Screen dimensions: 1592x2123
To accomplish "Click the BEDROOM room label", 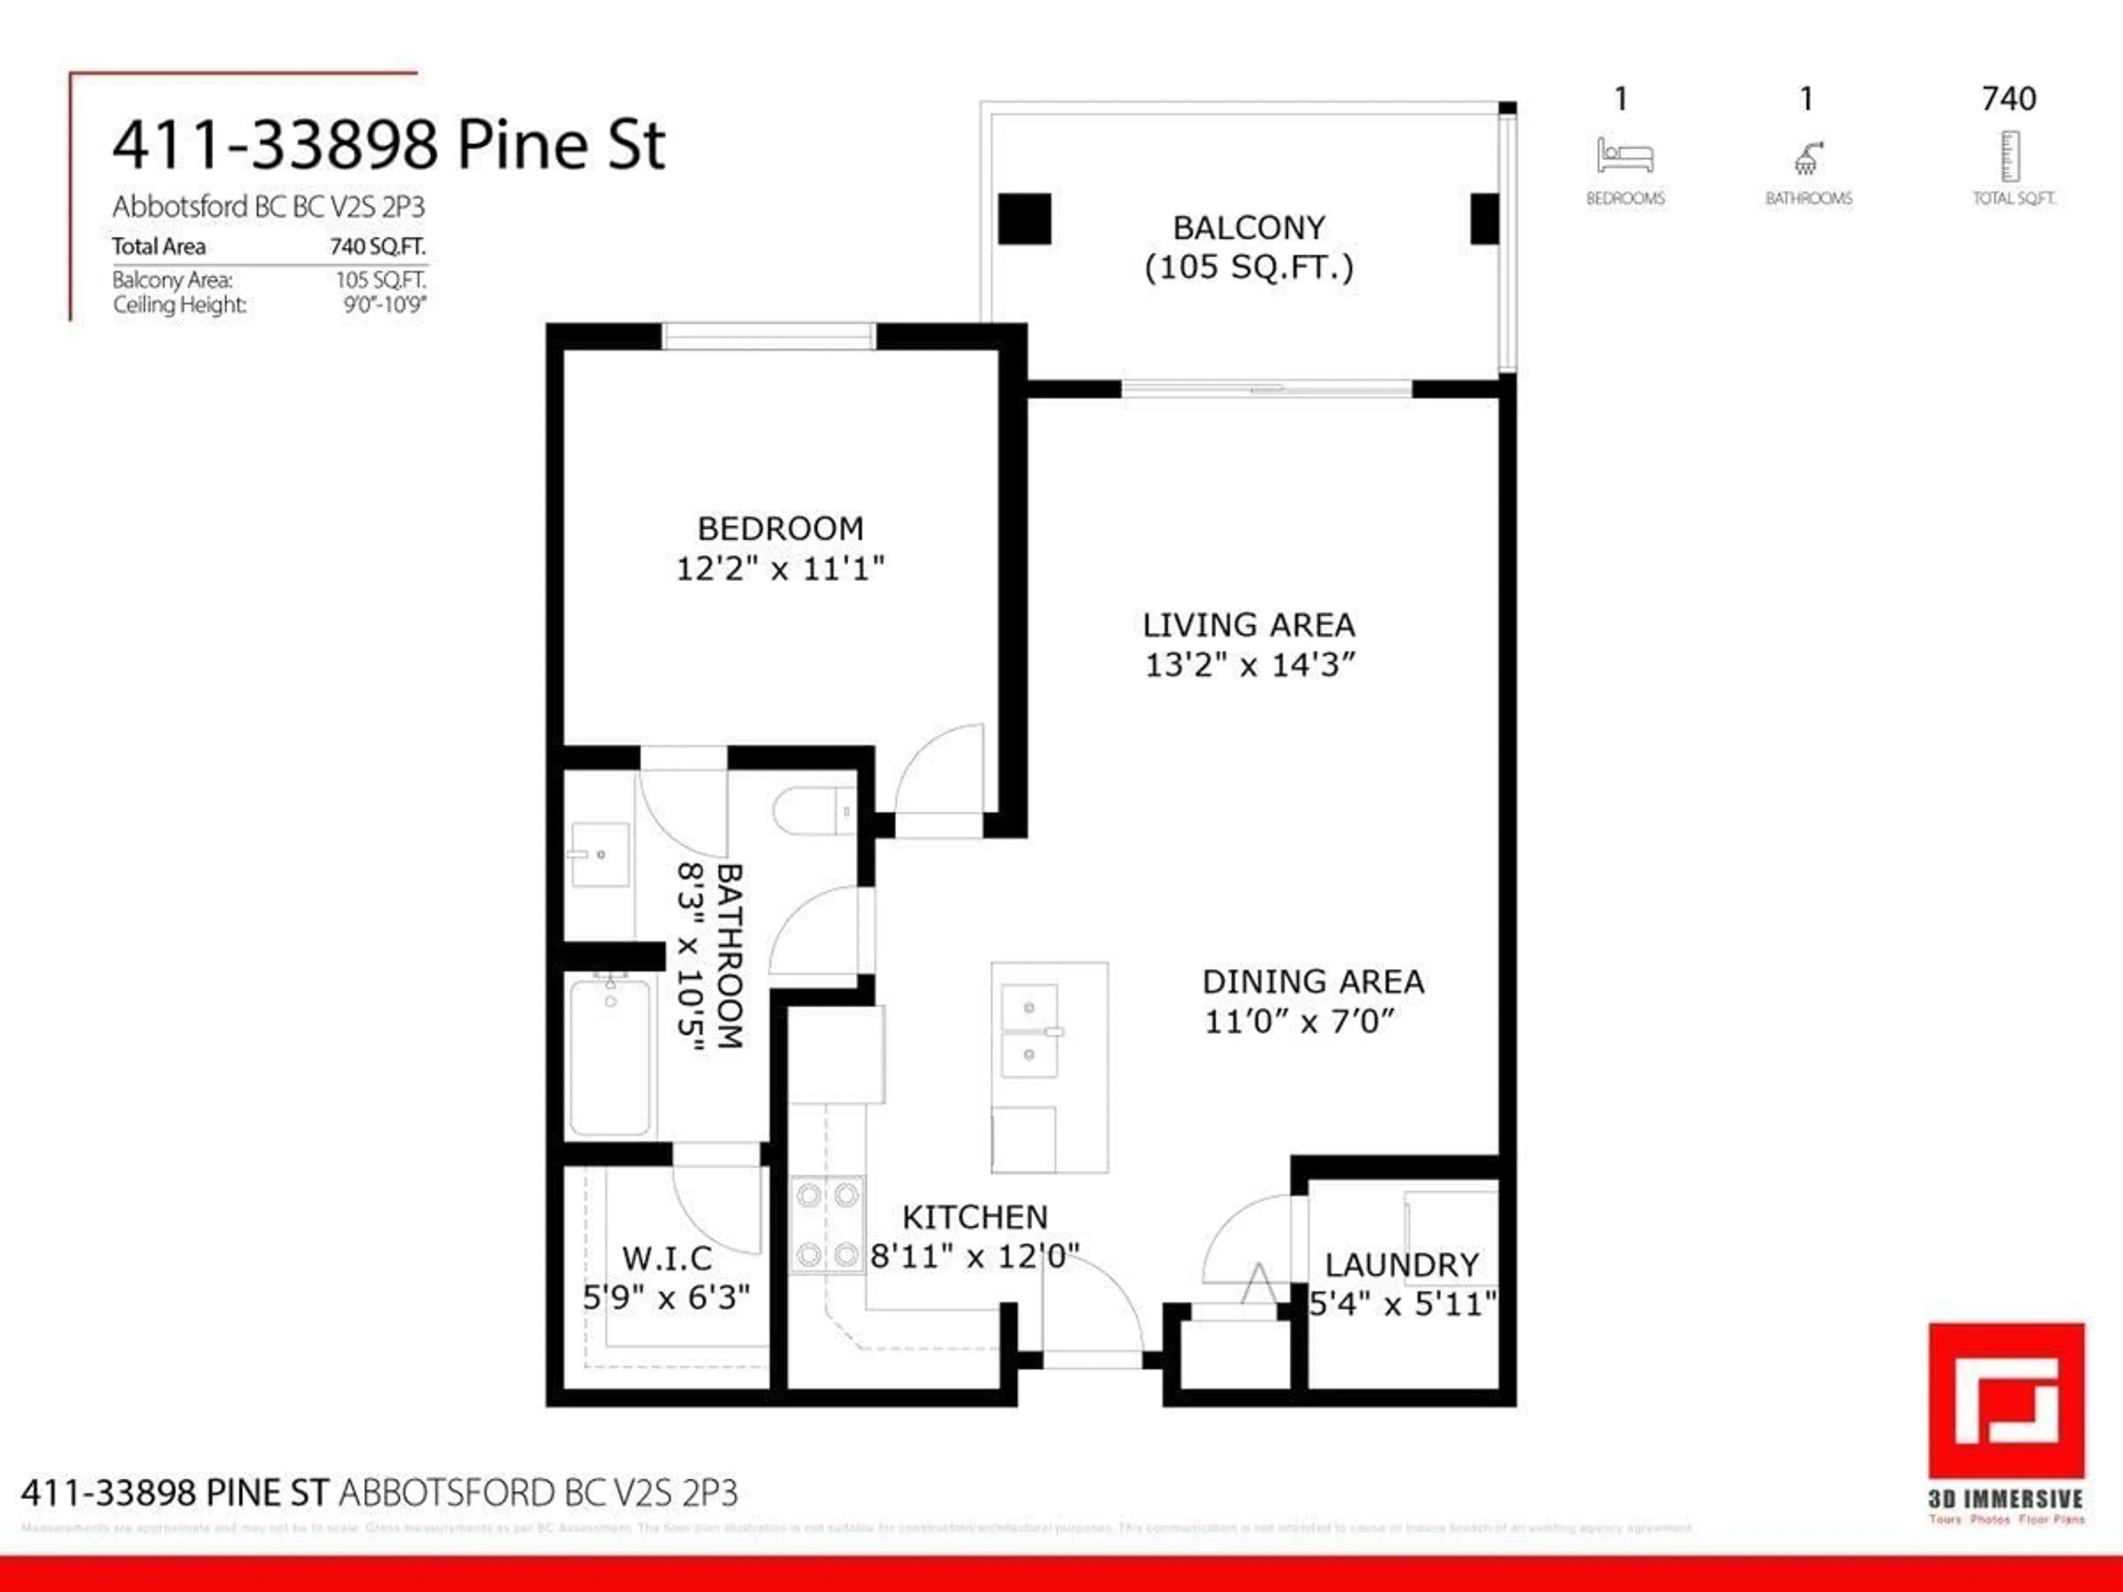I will (x=780, y=529).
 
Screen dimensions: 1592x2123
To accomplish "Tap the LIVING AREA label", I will (x=1248, y=626).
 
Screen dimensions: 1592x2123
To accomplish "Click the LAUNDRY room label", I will (x=1402, y=1265).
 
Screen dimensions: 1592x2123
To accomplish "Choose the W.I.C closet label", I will (x=667, y=1258).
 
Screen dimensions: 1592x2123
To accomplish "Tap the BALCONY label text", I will (x=1249, y=228).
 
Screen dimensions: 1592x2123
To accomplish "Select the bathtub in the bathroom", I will (x=609, y=1056).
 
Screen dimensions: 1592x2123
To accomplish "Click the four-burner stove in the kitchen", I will (x=827, y=1224).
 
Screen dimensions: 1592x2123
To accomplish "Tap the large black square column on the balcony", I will (x=1024, y=219).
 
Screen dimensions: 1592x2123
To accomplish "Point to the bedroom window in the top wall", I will (x=768, y=337).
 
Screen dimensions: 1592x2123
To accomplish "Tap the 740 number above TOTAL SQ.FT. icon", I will (x=2009, y=99).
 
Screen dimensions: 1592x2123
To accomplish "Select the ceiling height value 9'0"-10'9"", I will (x=384, y=305).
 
